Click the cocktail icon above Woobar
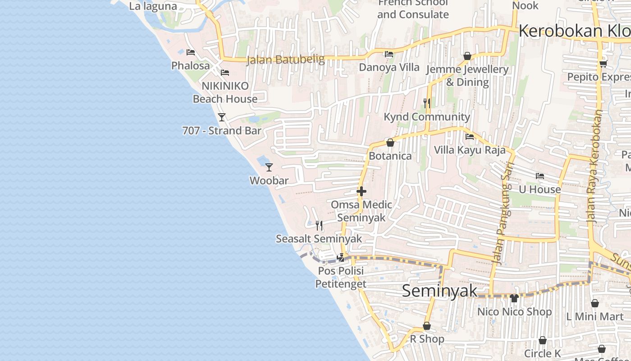pyautogui.click(x=269, y=167)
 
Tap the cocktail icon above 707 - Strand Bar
pyautogui.click(x=222, y=117)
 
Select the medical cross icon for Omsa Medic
pyautogui.click(x=361, y=191)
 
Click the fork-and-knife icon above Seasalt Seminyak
pyautogui.click(x=319, y=225)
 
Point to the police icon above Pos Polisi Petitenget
pyautogui.click(x=341, y=258)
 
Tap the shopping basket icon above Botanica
pyautogui.click(x=390, y=143)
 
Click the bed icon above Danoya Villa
pyautogui.click(x=389, y=54)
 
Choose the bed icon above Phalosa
pyautogui.click(x=191, y=52)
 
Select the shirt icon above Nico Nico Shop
pyautogui.click(x=514, y=298)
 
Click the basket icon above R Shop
pyautogui.click(x=427, y=326)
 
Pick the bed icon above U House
pyautogui.click(x=540, y=176)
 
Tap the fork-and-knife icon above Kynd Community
pyautogui.click(x=427, y=103)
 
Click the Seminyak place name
pyautogui.click(x=439, y=291)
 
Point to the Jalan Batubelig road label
pyautogui.click(x=285, y=60)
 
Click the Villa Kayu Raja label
pyautogui.click(x=470, y=150)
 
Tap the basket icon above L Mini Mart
pyautogui.click(x=595, y=303)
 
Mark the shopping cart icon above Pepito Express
pyautogui.click(x=604, y=64)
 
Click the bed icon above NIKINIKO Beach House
pyautogui.click(x=225, y=72)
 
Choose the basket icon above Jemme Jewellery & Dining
pyautogui.click(x=467, y=56)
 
